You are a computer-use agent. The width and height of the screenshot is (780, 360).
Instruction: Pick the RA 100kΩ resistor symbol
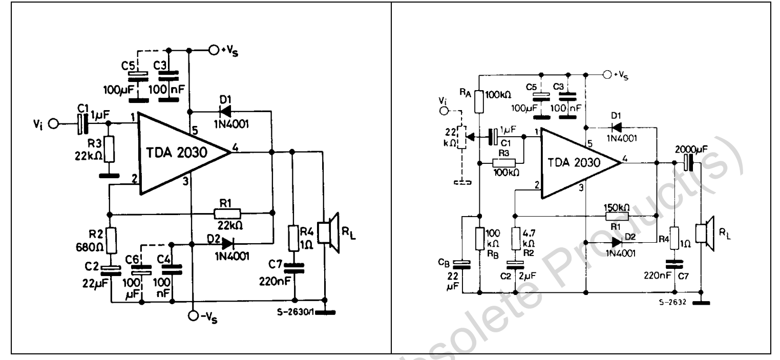(479, 101)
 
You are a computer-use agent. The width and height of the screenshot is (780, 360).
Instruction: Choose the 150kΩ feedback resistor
(613, 215)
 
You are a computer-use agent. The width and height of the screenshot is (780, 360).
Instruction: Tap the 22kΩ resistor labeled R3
(107, 150)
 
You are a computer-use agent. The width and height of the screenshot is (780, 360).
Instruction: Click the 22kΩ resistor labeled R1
(227, 214)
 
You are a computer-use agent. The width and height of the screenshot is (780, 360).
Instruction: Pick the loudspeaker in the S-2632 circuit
(708, 235)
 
